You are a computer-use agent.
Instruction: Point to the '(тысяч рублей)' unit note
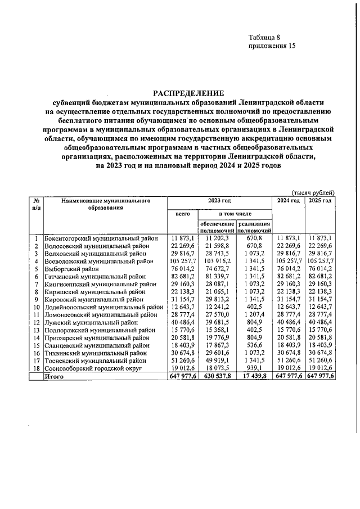[315, 192]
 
